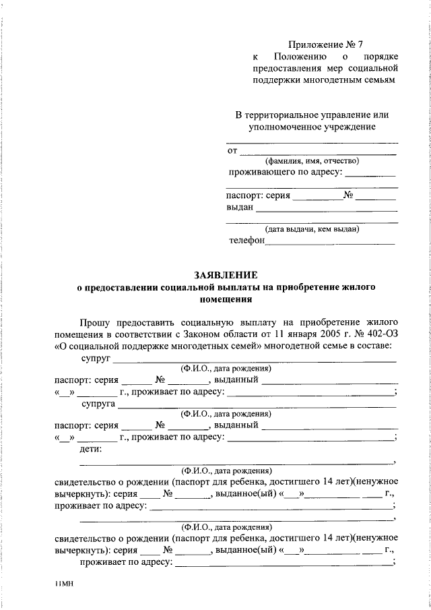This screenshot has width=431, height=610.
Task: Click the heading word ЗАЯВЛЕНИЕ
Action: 226,275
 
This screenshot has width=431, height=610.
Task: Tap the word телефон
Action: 247,240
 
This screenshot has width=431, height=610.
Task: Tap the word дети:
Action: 91,449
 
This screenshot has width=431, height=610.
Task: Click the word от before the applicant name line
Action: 232,150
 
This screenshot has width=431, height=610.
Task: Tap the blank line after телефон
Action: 330,241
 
